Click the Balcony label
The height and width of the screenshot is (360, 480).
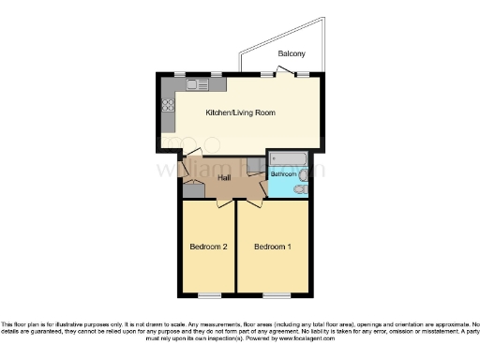tap(290, 54)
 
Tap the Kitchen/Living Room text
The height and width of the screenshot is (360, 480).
tap(240, 113)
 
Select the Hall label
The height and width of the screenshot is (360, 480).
tap(225, 178)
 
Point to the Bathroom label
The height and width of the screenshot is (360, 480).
tap(284, 174)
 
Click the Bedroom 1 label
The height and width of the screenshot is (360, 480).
tap(273, 247)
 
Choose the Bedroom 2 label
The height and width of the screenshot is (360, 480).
tap(208, 247)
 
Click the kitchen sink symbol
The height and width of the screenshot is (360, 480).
tap(196, 85)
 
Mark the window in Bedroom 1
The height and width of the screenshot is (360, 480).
tap(277, 296)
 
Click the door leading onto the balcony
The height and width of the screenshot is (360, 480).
tap(291, 74)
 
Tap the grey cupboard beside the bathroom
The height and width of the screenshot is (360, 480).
tap(193, 191)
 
